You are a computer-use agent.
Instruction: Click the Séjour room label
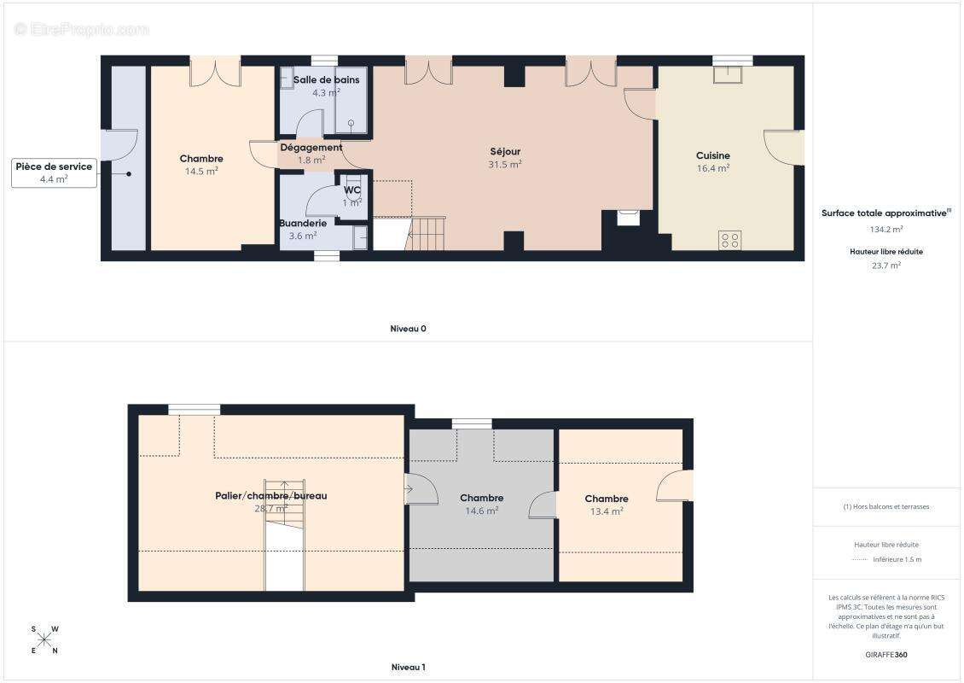point(505,151)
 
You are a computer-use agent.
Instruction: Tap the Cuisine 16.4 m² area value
point(713,168)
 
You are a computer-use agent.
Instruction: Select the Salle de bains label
point(327,79)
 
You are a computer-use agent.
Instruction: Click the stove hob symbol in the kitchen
point(729,240)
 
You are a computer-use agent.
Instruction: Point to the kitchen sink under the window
point(728,74)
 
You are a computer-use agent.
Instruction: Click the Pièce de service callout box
point(54,173)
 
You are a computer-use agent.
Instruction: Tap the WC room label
point(352,190)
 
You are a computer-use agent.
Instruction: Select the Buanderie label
point(303,223)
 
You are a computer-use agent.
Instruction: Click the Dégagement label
point(311,148)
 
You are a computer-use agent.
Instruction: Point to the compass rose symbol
point(44,640)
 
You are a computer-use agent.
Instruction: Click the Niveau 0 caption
point(409,329)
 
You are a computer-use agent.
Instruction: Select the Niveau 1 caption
point(409,667)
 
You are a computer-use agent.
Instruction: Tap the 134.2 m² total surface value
point(886,230)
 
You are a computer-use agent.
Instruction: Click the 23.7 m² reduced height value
point(886,266)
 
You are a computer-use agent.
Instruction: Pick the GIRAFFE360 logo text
point(886,655)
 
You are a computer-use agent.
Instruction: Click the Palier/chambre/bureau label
point(271,496)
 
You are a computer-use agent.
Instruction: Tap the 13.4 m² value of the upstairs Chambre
point(607,511)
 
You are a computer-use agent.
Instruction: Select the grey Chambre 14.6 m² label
point(481,498)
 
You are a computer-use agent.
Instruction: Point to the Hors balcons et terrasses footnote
point(886,507)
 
